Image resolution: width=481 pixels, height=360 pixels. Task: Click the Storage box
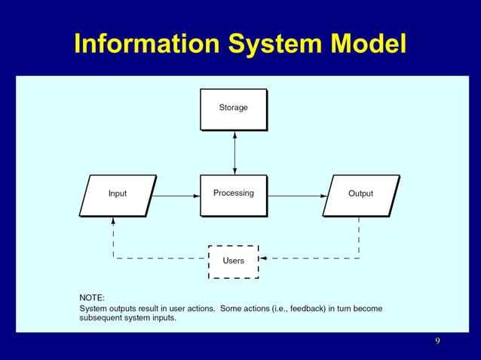click(233, 108)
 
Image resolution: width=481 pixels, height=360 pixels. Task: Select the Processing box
click(233, 194)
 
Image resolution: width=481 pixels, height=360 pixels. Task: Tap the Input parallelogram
click(118, 194)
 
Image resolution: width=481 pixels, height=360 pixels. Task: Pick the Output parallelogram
click(360, 194)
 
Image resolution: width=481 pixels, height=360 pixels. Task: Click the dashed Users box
click(233, 261)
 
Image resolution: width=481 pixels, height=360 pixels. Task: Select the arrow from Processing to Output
click(296, 196)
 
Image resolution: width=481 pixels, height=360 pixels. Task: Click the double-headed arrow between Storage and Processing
click(234, 153)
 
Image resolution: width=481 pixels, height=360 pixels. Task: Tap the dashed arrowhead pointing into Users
click(265, 258)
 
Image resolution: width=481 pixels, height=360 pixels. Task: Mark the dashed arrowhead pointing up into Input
click(113, 221)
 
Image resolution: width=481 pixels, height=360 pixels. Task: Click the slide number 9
click(437, 342)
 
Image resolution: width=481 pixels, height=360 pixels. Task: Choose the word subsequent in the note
click(104, 318)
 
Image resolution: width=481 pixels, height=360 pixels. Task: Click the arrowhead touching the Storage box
click(234, 135)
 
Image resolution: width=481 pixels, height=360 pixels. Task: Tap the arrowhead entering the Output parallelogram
click(326, 196)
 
